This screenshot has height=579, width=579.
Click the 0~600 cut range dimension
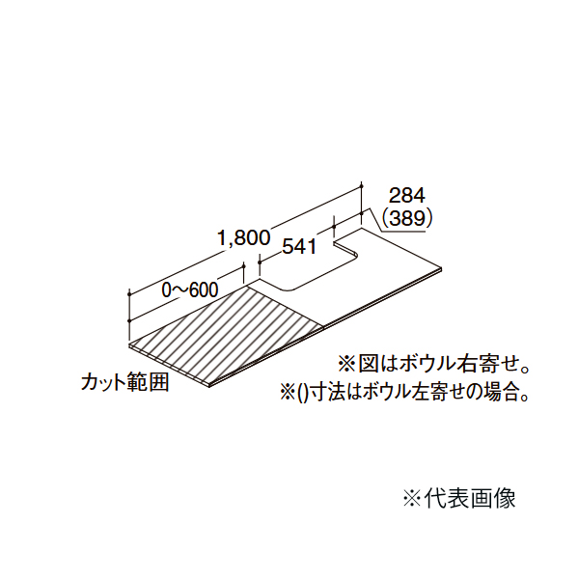189,289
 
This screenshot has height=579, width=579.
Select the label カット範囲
125,382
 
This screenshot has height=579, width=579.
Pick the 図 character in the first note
368,367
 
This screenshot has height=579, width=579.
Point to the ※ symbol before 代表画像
411,499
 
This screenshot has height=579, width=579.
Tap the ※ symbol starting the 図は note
345,367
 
